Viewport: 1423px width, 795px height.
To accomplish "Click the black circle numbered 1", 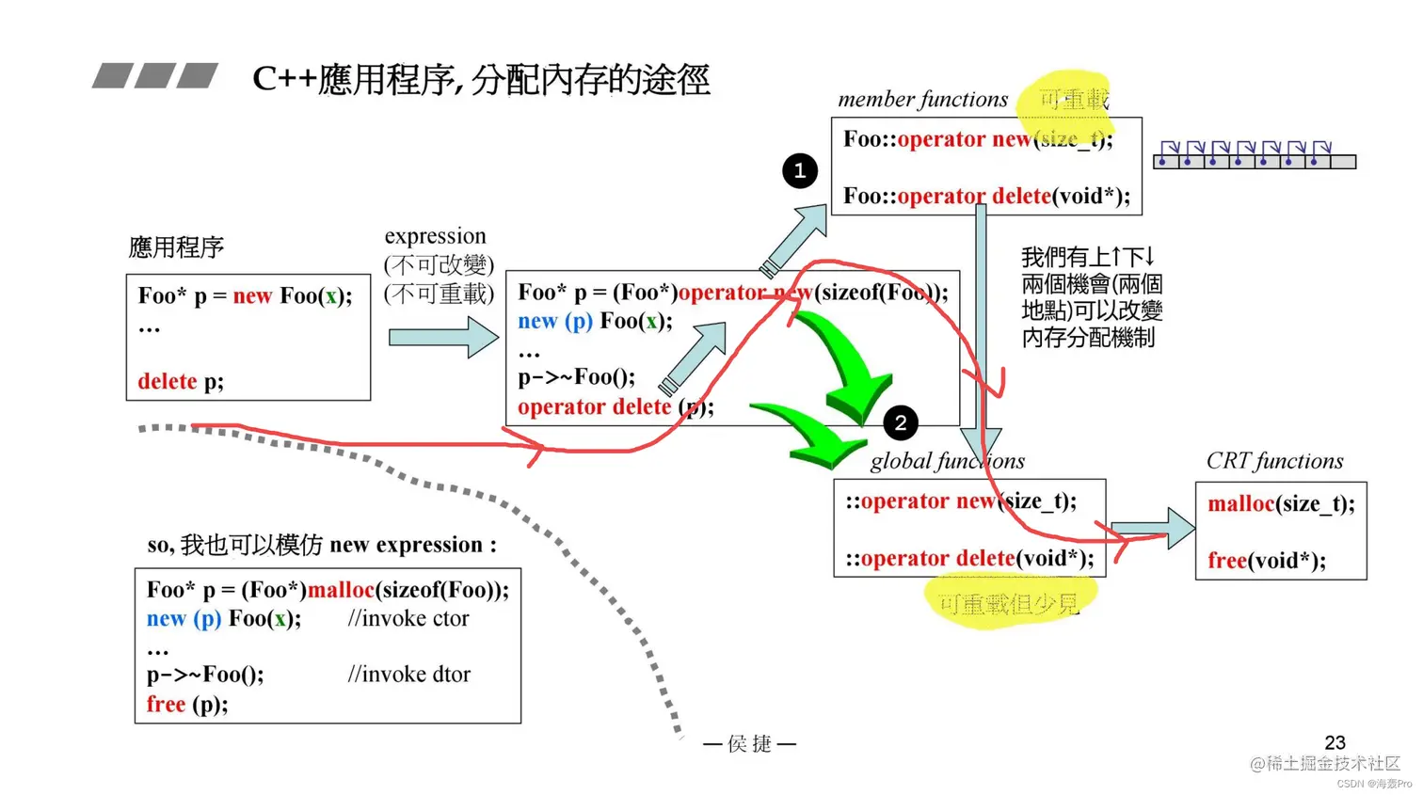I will coord(800,170).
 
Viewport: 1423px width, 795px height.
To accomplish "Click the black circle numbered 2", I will coord(901,422).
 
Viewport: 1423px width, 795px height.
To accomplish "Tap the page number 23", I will coord(1335,742).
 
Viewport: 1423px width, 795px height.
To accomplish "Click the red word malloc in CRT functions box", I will coord(1240,504).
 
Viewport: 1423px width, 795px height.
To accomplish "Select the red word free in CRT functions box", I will coord(1226,561).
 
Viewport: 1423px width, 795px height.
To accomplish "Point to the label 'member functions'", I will coord(922,99).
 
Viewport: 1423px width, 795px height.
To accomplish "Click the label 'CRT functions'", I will coord(1274,461).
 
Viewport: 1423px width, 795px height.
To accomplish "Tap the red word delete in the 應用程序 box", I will coord(167,381).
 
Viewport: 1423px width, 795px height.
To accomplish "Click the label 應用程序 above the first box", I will coord(176,247).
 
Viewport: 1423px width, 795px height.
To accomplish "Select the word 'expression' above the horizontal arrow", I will coord(435,235).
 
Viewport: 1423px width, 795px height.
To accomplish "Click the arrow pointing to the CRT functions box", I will coord(1152,529).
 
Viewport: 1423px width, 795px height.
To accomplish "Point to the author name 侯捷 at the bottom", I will coord(749,743).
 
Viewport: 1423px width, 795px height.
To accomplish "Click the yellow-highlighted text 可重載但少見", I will coord(1008,604).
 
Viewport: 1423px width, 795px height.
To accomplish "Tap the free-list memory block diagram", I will coord(1255,155).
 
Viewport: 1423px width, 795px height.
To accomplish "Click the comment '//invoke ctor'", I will coord(408,618).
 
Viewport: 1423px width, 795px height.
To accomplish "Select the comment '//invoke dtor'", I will coord(408,674).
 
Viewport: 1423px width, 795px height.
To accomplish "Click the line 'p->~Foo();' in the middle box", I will coord(576,377).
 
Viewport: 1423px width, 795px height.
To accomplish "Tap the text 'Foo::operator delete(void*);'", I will coord(986,196).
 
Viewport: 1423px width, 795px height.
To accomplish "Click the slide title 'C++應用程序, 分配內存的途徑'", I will coord(481,79).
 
